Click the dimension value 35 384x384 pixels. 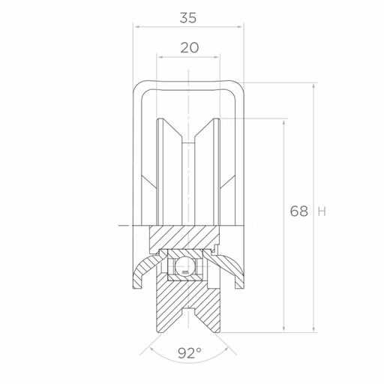click(x=188, y=18)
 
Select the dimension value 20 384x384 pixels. click(x=190, y=47)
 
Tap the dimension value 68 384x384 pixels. click(x=299, y=211)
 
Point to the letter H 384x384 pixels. click(x=322, y=211)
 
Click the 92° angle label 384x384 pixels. click(x=190, y=353)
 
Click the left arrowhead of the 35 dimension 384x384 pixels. click(x=136, y=26)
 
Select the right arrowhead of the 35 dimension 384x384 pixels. click(x=240, y=26)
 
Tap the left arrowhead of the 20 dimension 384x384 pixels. click(x=160, y=57)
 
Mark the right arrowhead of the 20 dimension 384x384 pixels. click(x=217, y=57)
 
